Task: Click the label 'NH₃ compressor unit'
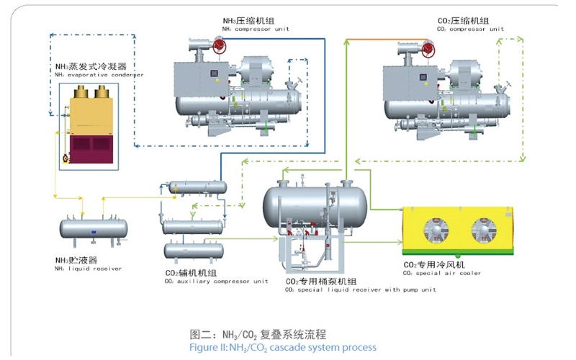click(x=254, y=29)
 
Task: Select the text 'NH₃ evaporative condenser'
click(x=99, y=74)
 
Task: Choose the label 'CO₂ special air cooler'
click(x=443, y=274)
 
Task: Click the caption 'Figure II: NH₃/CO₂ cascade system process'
click(x=282, y=347)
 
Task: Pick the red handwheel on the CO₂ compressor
click(x=428, y=49)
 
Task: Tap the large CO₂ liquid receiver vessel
click(x=314, y=199)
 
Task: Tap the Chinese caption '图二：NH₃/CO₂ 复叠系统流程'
click(x=258, y=333)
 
